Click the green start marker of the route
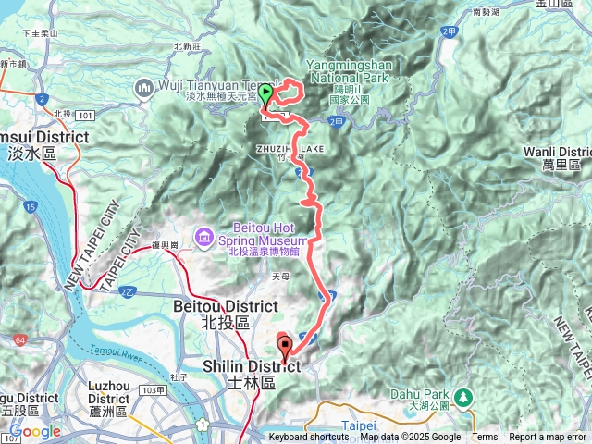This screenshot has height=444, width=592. [x=266, y=93]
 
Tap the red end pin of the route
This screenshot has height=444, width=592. [x=284, y=349]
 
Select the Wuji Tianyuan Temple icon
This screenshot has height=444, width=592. [x=144, y=88]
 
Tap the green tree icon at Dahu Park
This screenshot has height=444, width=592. [x=462, y=396]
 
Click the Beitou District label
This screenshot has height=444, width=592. [x=212, y=305]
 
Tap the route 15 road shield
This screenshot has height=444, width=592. [x=32, y=207]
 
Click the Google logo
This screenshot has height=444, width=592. [x=34, y=432]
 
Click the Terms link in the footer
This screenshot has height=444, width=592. [x=485, y=438]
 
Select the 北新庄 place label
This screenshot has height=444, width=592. [x=187, y=45]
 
